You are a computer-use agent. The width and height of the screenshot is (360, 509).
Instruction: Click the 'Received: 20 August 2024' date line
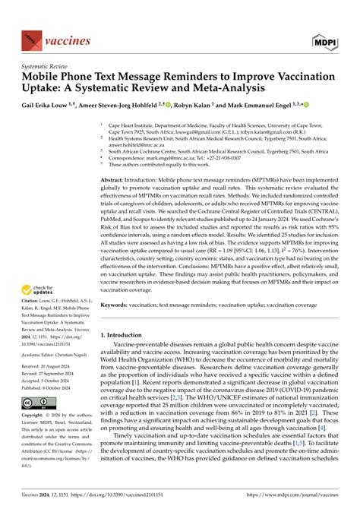pyautogui.click(x=47, y=365)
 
